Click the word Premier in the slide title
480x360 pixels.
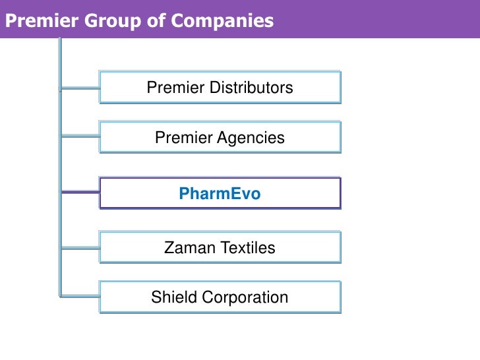(41, 20)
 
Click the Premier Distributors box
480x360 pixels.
(220, 87)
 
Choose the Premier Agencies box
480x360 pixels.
(220, 138)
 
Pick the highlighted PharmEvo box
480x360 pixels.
(220, 193)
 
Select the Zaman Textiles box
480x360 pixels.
(220, 248)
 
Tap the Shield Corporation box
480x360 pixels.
(220, 297)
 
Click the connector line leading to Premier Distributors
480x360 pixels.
(80, 87)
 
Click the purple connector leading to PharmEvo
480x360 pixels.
(80, 193)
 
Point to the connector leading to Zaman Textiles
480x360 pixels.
(80, 248)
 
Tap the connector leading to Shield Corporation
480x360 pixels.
(80, 296)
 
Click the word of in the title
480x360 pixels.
(156, 20)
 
